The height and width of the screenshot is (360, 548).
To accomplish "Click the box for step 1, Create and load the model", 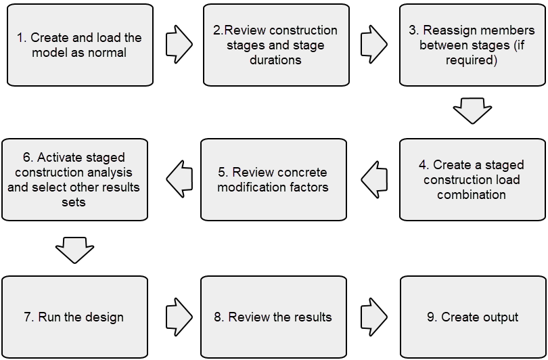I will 79,45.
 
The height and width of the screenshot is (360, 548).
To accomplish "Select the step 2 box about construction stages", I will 275,45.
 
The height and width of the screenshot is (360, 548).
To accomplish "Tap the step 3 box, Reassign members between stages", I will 472,45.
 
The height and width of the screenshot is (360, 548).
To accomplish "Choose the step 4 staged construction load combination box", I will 472,179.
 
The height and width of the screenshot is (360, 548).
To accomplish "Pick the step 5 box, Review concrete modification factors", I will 272,179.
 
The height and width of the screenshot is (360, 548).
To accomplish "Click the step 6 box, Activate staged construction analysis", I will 74,179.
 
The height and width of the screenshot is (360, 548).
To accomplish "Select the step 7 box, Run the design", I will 74,317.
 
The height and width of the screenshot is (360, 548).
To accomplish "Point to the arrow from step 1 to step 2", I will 178,45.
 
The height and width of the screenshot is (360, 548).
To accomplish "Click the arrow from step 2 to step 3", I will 374,45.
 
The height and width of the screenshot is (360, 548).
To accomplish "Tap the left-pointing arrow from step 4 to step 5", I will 374,179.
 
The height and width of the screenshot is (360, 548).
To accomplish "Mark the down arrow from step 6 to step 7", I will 74,249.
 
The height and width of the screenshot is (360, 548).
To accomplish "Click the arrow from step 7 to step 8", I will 178,317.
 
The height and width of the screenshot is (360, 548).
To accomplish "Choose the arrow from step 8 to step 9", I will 374,317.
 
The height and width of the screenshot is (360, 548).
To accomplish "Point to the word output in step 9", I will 499,317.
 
